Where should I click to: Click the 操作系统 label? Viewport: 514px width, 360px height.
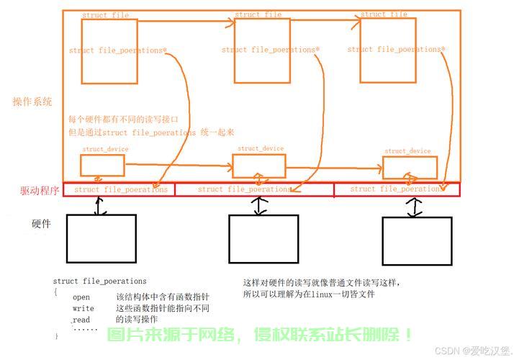coord(32,102)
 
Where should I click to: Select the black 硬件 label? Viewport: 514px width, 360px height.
coord(42,224)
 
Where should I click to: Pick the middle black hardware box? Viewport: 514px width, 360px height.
coord(263,239)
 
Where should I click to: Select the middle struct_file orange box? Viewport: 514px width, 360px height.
coord(262,50)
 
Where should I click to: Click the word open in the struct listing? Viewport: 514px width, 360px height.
coord(81,297)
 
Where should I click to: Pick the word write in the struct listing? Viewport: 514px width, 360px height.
coord(84,308)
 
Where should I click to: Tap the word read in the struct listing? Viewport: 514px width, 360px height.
coord(81,319)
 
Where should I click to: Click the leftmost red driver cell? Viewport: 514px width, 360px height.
coord(120,189)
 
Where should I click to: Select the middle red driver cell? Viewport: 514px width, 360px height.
coord(255,189)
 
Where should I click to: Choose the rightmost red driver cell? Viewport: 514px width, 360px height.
coord(397,189)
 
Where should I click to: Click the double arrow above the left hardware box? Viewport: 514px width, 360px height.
coord(102,205)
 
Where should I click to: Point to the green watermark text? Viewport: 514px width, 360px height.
coord(260,335)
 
